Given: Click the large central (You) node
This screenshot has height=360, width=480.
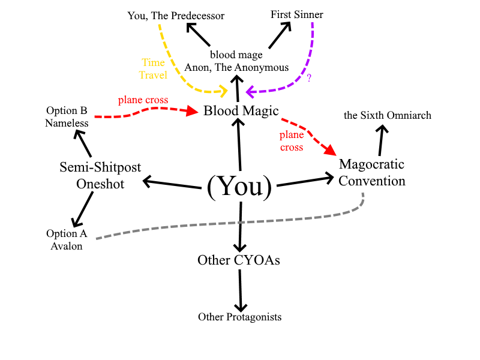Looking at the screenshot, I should (x=239, y=187).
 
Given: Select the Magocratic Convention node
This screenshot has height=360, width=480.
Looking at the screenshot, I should (x=371, y=172).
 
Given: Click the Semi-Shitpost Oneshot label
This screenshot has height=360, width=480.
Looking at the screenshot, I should (x=100, y=175).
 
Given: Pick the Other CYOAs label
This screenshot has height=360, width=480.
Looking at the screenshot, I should (x=239, y=260).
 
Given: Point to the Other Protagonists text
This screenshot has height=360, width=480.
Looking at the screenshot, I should (x=239, y=317).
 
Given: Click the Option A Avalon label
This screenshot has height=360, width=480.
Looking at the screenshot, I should (x=66, y=239).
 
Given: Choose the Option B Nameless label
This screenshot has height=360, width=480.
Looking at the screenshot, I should (x=67, y=117).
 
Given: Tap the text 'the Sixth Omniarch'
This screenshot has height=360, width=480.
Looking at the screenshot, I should (x=388, y=115).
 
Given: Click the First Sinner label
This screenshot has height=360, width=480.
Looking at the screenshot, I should (x=296, y=14).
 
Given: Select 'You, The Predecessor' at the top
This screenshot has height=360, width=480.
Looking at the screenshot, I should (x=176, y=15).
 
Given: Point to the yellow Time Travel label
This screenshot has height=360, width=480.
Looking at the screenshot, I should (x=153, y=68).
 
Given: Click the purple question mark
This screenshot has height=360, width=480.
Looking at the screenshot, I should (x=309, y=78).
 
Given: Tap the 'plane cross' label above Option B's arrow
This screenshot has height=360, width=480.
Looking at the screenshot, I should (x=143, y=100).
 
